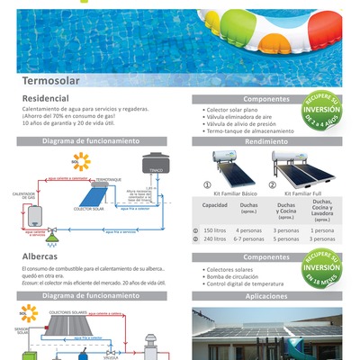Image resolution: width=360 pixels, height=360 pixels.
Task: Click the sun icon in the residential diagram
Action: (82, 162)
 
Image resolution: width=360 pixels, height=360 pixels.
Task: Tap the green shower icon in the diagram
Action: (53, 240)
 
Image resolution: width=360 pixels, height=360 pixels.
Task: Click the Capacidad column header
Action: (214, 206)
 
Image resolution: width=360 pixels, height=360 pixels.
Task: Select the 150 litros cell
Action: (214, 229)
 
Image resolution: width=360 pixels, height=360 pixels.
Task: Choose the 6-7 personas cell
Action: (248, 239)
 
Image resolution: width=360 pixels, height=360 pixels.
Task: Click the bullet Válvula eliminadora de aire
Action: (239, 116)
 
